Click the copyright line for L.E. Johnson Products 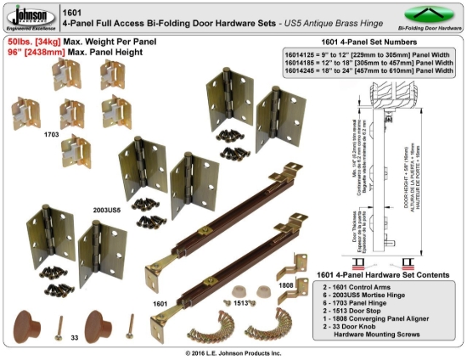click(x=233, y=352)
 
